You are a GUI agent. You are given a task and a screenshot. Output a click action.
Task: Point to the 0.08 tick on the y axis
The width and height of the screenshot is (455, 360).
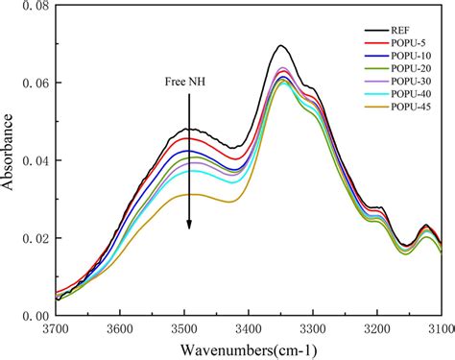pyautogui.click(x=33, y=7)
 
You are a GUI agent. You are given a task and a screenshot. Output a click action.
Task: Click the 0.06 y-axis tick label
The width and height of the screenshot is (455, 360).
pyautogui.click(x=33, y=84)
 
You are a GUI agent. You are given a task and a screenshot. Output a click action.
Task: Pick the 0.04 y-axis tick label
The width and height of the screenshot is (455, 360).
pyautogui.click(x=33, y=160)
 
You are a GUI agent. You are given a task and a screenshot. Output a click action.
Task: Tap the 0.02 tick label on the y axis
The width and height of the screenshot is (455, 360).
pyautogui.click(x=33, y=237)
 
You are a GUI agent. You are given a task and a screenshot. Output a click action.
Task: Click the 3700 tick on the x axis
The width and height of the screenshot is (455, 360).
pyautogui.click(x=57, y=327)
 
